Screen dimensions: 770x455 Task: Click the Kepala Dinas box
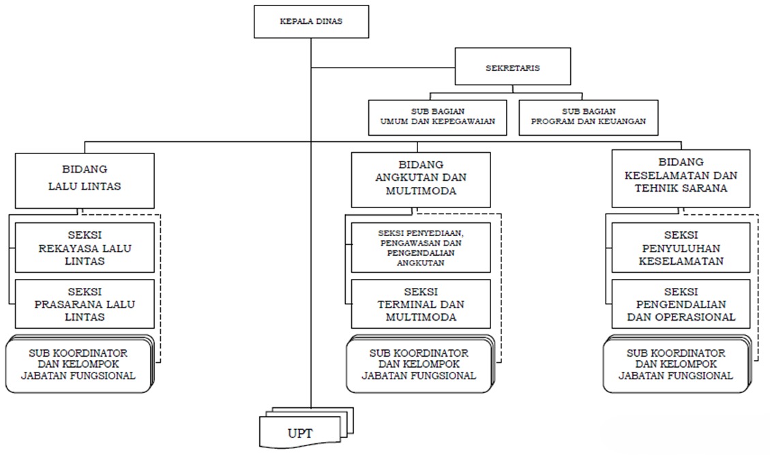coord(311,22)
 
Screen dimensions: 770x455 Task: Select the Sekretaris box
coord(513,66)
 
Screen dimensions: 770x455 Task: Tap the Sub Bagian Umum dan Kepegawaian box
coord(438,117)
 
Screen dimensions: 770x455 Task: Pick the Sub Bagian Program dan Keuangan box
coord(589,117)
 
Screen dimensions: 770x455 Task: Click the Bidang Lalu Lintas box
coord(85,180)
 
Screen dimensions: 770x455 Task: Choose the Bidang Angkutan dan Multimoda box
coord(421,179)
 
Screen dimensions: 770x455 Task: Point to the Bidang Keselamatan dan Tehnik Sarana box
coord(681,178)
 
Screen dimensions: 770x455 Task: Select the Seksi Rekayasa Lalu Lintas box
coord(85,248)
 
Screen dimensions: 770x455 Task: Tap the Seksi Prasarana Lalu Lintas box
coord(85,304)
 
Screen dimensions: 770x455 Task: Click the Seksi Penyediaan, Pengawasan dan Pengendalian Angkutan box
coord(421,248)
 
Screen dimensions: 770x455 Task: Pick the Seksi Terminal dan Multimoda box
coord(421,304)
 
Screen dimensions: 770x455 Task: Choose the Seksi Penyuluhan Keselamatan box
coord(681,248)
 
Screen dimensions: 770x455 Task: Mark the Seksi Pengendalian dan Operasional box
coord(681,304)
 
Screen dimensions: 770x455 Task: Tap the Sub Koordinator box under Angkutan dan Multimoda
coord(420,364)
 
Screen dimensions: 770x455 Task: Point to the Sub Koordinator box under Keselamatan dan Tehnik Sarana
coord(677,364)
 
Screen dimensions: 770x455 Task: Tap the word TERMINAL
coord(405,304)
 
